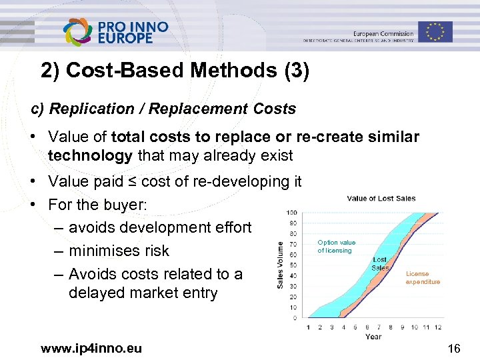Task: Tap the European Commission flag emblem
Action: tap(435, 31)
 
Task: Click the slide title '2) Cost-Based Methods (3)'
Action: tap(175, 71)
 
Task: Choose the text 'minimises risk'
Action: tap(119, 251)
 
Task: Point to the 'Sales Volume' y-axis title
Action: tap(281, 265)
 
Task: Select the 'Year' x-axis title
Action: tap(373, 336)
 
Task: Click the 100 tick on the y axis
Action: tap(292, 213)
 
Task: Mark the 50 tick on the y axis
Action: tap(293, 265)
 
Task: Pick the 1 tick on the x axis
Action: tap(308, 327)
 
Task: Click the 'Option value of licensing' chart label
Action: tap(337, 247)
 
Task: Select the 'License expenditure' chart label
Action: tap(423, 277)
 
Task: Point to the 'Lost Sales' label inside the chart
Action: tap(380, 263)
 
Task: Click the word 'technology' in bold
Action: tap(91, 156)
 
